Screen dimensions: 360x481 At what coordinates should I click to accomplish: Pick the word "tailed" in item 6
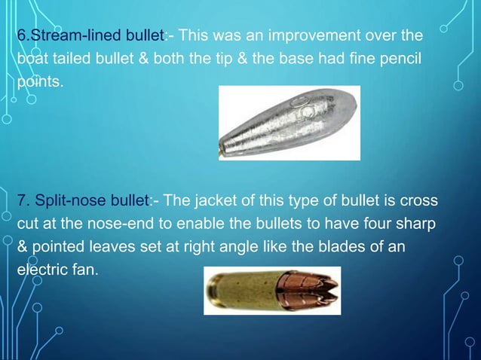click(75, 59)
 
